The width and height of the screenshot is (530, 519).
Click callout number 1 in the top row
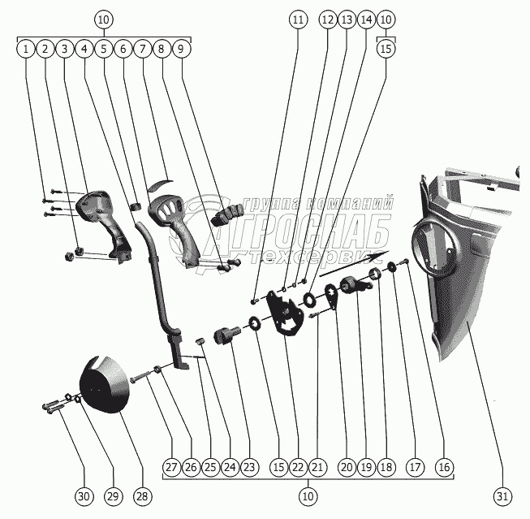point(27,49)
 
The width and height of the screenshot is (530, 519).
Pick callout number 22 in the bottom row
point(298,467)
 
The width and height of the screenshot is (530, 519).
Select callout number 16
point(442,467)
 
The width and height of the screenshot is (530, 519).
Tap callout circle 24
point(230,467)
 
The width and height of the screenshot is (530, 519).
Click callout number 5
point(104,49)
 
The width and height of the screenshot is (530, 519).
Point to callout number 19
point(366,467)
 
